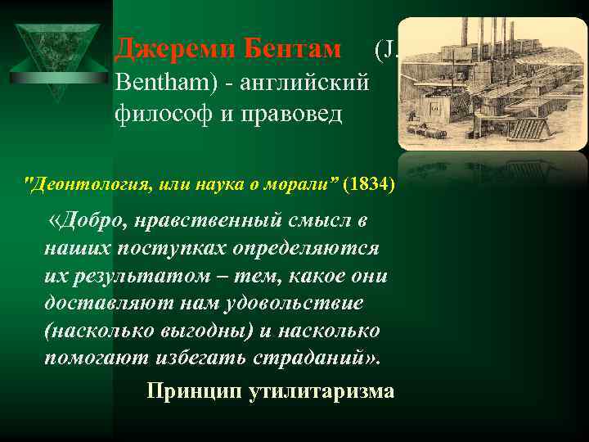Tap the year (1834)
pos(369,183)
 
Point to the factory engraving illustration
pos(492,82)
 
